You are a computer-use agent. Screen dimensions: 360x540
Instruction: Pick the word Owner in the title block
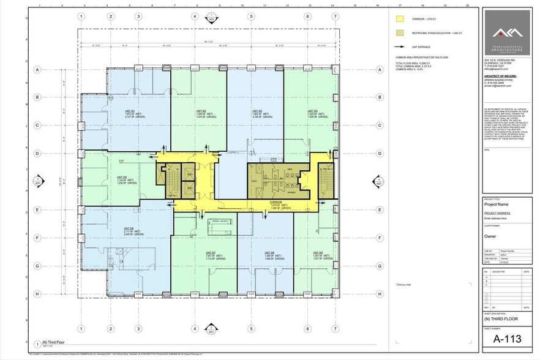pos(489,236)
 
